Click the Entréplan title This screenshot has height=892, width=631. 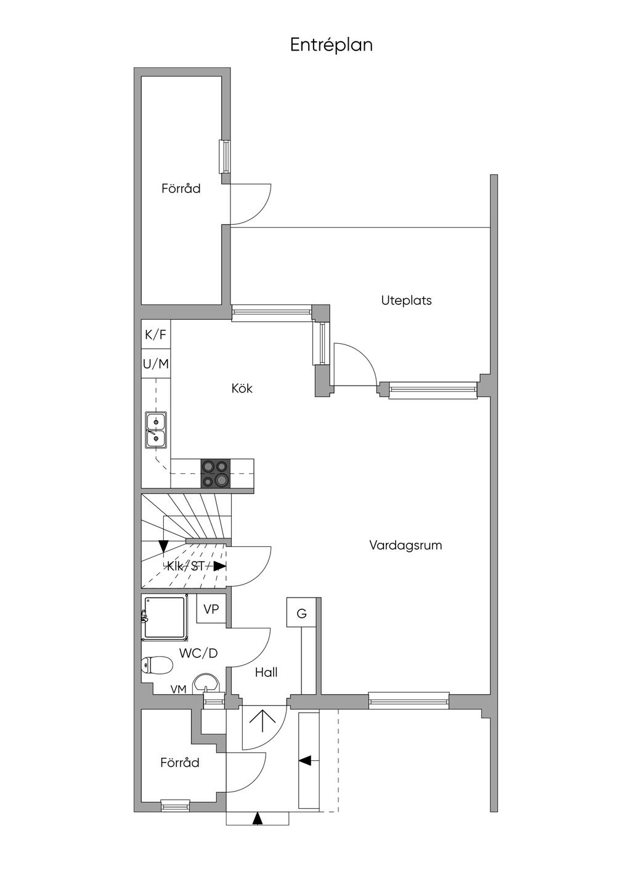(332, 45)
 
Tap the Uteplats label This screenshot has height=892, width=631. (406, 301)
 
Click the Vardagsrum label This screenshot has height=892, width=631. (405, 545)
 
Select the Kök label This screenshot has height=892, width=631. (242, 389)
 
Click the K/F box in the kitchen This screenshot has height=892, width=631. (156, 335)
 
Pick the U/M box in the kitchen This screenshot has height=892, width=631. (156, 364)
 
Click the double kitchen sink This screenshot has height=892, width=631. (155, 430)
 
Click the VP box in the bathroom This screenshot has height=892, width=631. (211, 609)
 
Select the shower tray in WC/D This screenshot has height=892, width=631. (165, 617)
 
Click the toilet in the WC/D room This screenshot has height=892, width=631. (157, 665)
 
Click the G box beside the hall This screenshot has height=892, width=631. (301, 614)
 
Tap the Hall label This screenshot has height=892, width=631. (266, 673)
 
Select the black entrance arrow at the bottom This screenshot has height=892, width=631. (258, 818)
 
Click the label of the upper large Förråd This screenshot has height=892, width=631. (181, 189)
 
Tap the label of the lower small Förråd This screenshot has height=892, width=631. (180, 763)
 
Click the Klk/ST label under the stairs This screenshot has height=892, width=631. (185, 566)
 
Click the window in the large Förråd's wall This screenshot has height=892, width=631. (226, 157)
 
